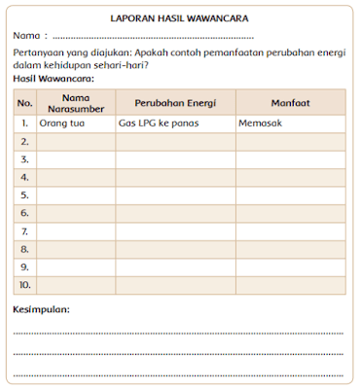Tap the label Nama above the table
[x=27, y=35]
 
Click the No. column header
[x=25, y=102]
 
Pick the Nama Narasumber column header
[x=76, y=102]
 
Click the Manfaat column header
[x=289, y=102]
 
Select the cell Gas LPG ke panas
[x=160, y=124]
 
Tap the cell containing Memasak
[x=259, y=124]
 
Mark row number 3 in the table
[x=25, y=159]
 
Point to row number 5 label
[x=25, y=195]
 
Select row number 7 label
[x=25, y=231]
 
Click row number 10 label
[x=25, y=285]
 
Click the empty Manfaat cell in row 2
[x=289, y=142]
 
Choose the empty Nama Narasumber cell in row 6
[x=76, y=213]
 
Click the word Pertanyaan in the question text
[x=42, y=53]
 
